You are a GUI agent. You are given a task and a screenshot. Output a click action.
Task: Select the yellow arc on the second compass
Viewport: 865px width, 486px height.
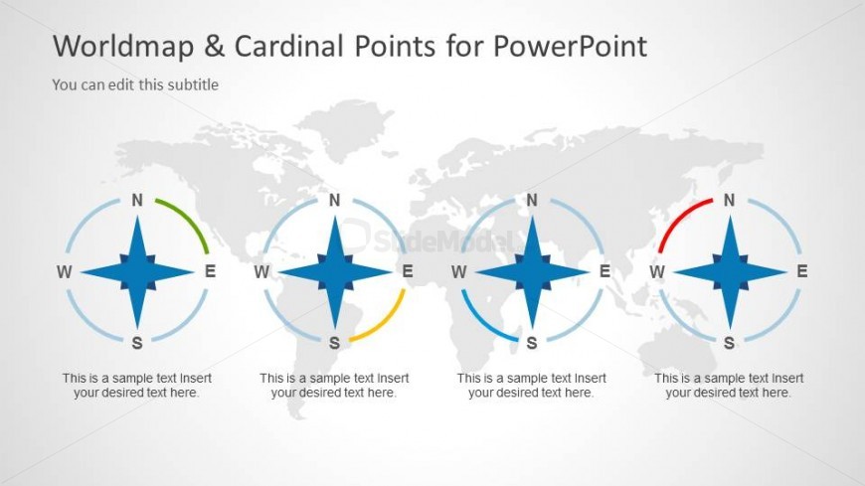click(388, 323)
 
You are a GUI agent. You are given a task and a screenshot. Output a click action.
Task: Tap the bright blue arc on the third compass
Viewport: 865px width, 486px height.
click(480, 323)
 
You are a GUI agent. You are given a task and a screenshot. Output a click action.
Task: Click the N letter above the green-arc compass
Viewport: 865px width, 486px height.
click(137, 200)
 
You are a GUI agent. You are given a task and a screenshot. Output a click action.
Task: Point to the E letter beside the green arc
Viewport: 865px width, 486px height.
click(210, 271)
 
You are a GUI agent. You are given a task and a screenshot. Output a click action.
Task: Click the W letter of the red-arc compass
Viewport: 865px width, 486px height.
click(656, 272)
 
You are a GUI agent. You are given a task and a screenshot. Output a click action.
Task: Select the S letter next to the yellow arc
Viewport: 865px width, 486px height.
click(334, 343)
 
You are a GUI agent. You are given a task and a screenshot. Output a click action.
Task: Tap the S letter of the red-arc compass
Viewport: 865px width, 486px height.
click(730, 343)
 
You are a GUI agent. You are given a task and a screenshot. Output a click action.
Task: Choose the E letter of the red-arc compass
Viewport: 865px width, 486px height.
click(802, 271)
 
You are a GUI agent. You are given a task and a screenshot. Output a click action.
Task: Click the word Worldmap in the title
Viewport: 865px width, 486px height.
click(123, 46)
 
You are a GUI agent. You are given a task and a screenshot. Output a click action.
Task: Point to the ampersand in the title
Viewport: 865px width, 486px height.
click(215, 46)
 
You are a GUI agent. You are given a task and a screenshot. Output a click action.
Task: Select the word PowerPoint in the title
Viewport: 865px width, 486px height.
click(570, 46)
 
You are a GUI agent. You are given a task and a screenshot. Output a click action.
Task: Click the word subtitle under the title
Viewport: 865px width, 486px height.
click(193, 84)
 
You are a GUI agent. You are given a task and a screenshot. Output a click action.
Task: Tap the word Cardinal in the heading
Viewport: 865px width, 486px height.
click(289, 46)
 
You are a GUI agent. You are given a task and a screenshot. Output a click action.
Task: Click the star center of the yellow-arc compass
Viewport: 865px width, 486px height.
click(335, 272)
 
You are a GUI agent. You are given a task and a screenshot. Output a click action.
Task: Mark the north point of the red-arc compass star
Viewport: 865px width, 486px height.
click(731, 217)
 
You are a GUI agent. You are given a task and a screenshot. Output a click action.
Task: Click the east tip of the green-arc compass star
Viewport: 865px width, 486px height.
click(194, 272)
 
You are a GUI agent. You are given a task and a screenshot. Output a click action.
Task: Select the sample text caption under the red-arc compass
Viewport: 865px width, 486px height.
click(729, 386)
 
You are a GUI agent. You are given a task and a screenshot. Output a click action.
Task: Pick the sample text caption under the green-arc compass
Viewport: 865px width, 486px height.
click(137, 386)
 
